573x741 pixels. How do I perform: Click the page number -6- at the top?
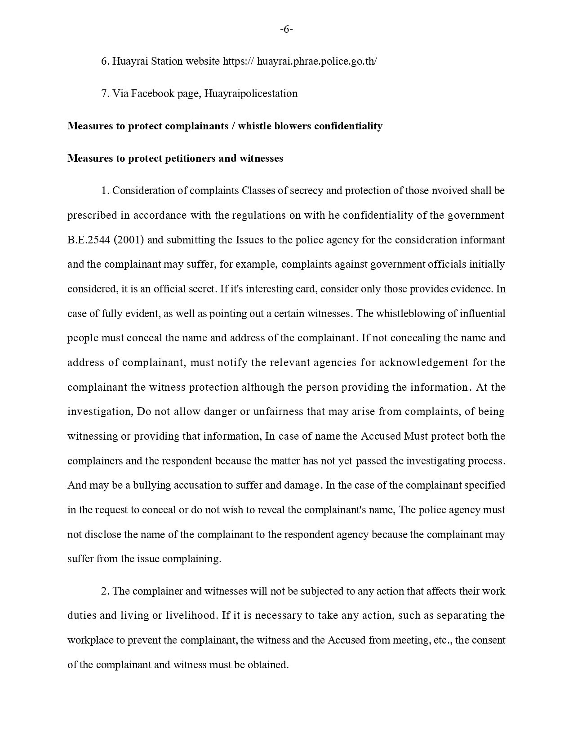(286, 30)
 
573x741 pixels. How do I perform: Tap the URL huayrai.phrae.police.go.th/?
(317, 62)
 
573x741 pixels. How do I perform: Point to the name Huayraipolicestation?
(251, 94)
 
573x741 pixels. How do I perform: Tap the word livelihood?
(192, 616)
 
